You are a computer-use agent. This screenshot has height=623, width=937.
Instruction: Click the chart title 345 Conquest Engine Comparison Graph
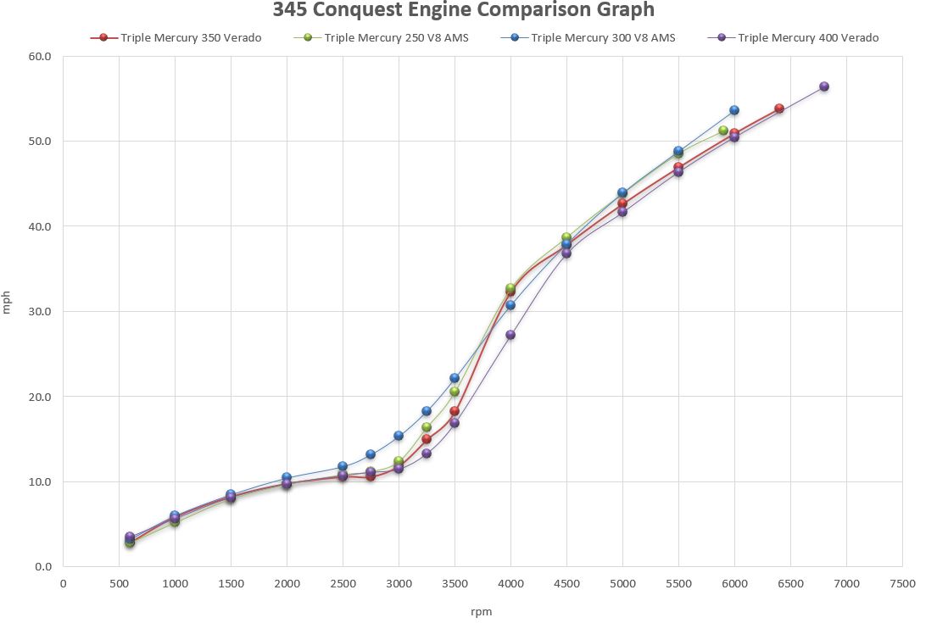pyautogui.click(x=464, y=10)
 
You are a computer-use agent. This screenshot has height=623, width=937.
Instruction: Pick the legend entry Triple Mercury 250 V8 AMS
pyautogui.click(x=386, y=37)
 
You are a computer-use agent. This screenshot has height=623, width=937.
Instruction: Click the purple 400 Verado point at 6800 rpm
pyautogui.click(x=823, y=86)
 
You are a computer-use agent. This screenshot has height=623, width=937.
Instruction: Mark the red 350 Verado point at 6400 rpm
pyautogui.click(x=778, y=108)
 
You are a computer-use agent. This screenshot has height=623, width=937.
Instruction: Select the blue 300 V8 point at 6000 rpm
pyautogui.click(x=734, y=110)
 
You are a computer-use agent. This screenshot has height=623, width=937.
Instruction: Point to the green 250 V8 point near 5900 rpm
pyautogui.click(x=722, y=131)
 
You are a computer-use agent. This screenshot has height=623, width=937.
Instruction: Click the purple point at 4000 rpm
pyautogui.click(x=510, y=335)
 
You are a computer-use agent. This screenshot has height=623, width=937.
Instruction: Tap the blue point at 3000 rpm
pyautogui.click(x=399, y=436)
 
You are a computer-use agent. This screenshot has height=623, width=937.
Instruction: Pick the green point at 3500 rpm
pyautogui.click(x=455, y=392)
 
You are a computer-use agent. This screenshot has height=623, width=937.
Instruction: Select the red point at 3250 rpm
pyautogui.click(x=427, y=439)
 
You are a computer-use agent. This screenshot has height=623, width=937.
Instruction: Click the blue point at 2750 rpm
pyautogui.click(x=371, y=454)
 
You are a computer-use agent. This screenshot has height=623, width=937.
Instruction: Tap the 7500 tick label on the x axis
pyautogui.click(x=902, y=583)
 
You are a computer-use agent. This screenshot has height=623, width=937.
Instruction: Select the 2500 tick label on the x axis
pyautogui.click(x=343, y=583)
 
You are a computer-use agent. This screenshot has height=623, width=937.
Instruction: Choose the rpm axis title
pyautogui.click(x=482, y=610)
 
